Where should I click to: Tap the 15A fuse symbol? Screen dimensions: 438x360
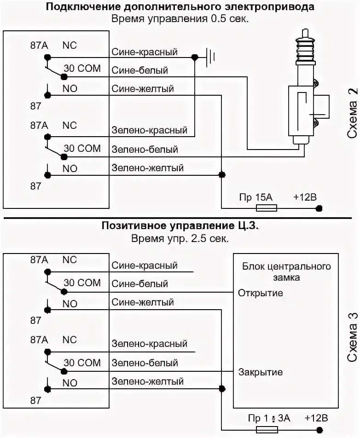pos(266,208)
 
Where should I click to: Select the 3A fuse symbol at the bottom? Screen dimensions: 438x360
pos(267,429)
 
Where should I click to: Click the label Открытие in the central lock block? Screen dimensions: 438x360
pos(261,293)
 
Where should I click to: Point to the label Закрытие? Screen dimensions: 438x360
pos(261,372)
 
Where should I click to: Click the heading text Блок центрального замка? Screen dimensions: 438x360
pos(286,272)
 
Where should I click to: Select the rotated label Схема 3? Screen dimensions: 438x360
pos(352,331)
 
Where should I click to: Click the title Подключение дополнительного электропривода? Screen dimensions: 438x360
pos(180,7)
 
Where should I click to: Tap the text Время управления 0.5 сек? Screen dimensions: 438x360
pos(180,19)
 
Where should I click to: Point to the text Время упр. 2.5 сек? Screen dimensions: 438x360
pos(180,238)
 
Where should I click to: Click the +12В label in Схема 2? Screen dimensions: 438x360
pos(305,197)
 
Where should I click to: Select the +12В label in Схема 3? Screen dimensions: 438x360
pos(316,418)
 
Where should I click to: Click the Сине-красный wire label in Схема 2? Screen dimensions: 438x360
pos(145,52)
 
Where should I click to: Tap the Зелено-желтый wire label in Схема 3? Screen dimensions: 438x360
pos(148,381)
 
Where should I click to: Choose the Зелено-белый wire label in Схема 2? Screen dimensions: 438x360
pos(145,150)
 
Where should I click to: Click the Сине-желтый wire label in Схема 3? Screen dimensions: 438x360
pos(143,302)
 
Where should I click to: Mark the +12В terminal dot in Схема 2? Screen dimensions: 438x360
pos(319,208)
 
